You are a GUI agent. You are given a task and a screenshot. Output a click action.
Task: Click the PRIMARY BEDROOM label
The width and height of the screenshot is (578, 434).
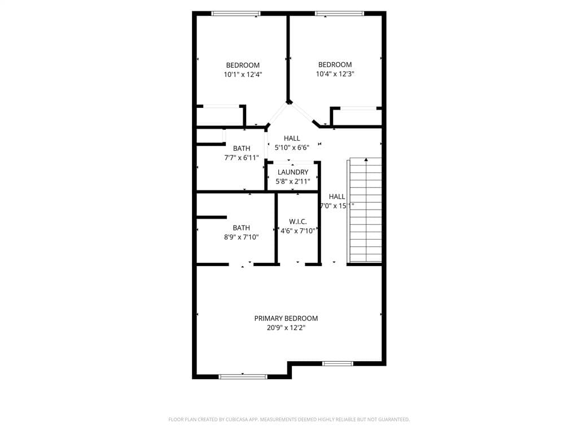pos(286,318)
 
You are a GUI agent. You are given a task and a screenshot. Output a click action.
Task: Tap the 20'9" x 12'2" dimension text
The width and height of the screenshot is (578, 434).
pos(286,327)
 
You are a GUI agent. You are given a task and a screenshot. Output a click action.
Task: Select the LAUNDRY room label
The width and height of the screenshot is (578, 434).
pos(293,172)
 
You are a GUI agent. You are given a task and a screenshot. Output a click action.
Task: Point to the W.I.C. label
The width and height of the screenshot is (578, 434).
pos(297,222)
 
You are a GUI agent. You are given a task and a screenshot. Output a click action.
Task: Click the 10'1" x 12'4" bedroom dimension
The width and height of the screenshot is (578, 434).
pos(243,74)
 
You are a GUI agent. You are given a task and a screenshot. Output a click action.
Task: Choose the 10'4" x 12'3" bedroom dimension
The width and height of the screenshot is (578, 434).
pos(335,73)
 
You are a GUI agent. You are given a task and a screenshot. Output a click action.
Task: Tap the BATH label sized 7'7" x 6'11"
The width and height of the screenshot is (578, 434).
pos(242,149)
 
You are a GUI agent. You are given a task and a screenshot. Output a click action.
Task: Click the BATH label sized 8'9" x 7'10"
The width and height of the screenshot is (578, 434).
pos(241,228)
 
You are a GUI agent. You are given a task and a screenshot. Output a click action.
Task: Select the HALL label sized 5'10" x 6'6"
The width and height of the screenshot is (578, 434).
pos(292,138)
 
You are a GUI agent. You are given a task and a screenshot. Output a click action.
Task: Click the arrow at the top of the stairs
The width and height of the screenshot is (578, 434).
pos(366,160)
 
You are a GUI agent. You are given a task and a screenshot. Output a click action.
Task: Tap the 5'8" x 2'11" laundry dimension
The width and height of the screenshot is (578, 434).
pos(293,181)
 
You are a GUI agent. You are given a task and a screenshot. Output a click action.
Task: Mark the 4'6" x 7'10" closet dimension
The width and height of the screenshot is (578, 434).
pos(297,231)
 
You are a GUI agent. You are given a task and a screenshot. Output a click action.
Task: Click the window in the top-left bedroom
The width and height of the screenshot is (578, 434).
pos(235,14)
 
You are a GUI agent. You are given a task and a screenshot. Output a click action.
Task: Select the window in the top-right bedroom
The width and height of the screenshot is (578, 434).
pos(339,14)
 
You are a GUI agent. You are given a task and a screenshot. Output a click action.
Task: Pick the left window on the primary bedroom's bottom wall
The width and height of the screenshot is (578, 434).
pos(243,376)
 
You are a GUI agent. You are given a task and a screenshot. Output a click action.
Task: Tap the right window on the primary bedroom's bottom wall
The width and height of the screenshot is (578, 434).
pos(338,363)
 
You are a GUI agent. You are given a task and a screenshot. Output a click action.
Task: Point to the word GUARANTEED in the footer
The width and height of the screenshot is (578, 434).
pos(391,419)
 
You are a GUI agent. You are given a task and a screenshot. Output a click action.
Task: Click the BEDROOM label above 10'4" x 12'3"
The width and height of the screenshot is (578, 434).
pos(335,64)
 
